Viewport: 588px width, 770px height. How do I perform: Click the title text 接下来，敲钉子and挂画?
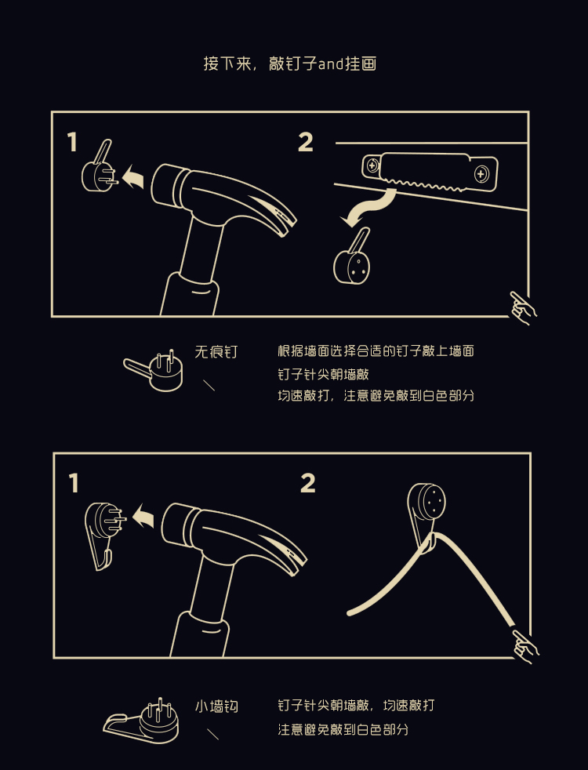[x=289, y=64]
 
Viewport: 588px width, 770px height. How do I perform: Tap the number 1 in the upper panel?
[x=73, y=142]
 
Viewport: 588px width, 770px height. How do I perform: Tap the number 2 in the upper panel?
[x=305, y=142]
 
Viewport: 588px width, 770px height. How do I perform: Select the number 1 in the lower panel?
[x=74, y=483]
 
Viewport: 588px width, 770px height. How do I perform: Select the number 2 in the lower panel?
[x=308, y=483]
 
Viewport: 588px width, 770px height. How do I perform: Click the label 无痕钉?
[x=216, y=351]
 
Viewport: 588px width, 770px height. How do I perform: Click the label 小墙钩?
[x=216, y=706]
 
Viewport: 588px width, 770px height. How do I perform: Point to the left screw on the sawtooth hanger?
[x=372, y=165]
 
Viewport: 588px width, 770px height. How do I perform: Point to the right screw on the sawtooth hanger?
[x=481, y=174]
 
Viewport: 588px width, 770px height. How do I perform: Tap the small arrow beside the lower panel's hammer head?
[x=143, y=516]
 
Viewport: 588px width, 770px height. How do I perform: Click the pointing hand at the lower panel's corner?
[x=524, y=647]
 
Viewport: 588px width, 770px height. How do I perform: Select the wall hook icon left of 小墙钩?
[x=141, y=721]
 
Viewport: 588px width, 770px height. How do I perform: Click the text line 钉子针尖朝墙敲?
[x=323, y=375]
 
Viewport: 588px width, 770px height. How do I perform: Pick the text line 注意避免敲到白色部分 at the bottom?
[x=343, y=730]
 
